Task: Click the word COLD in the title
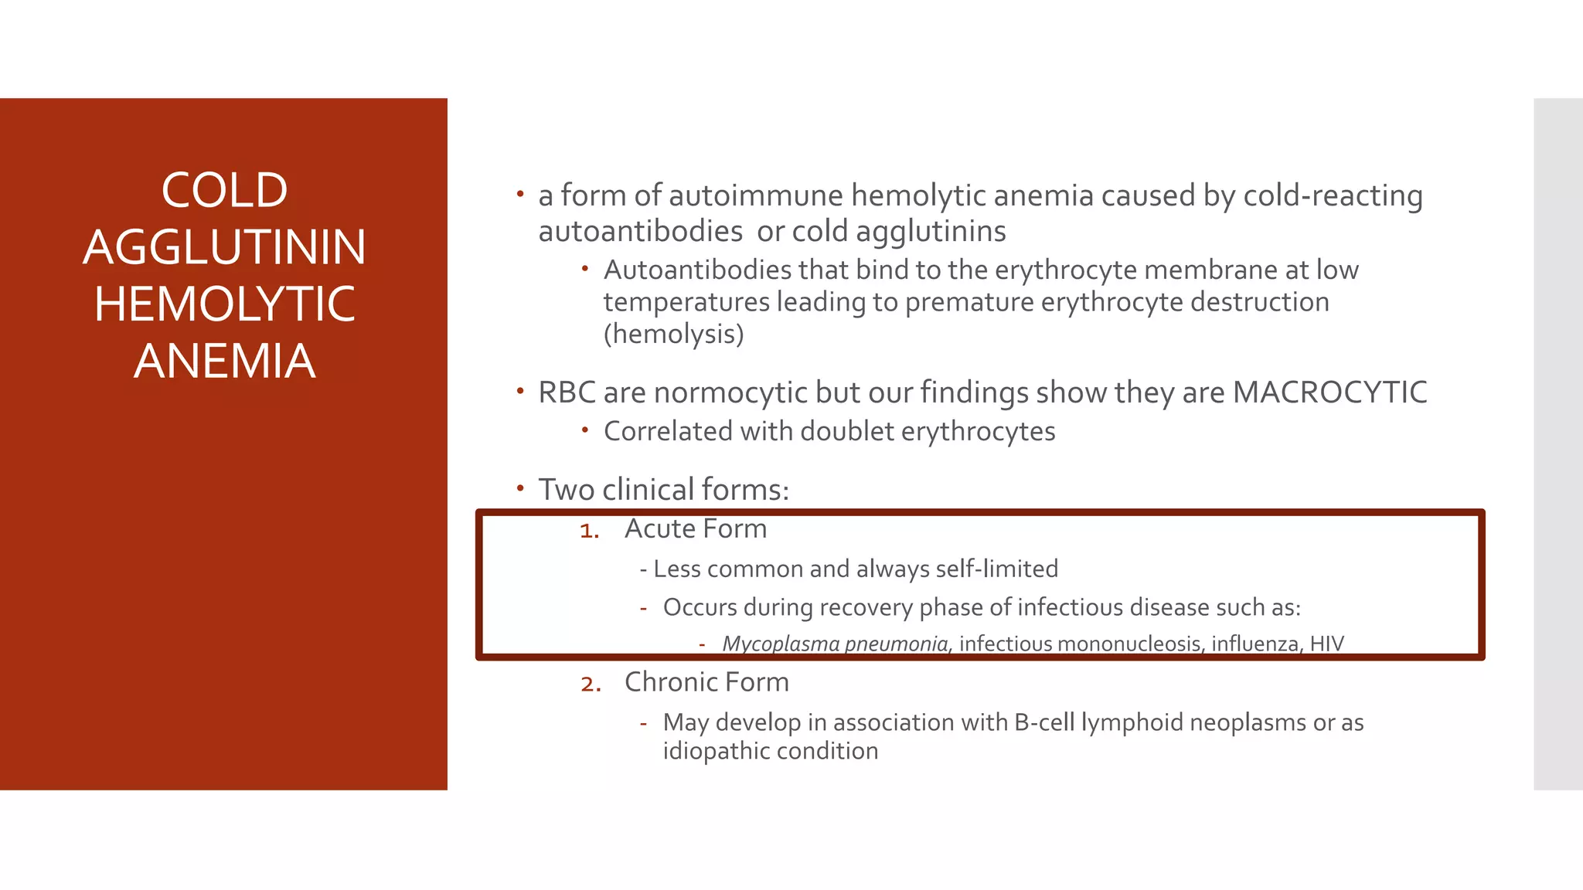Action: [224, 191]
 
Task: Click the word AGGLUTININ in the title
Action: [224, 248]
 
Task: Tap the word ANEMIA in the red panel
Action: [224, 362]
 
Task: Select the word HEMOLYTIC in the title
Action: [224, 304]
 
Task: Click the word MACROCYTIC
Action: [1329, 392]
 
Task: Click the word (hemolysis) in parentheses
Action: [673, 335]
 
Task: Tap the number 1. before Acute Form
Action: [590, 531]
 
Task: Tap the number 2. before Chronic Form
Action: [591, 684]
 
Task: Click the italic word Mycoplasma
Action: [780, 644]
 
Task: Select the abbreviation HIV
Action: [1326, 644]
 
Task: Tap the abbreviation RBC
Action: [567, 393]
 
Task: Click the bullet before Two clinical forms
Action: [521, 488]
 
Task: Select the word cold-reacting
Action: [1333, 196]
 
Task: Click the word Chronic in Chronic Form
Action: [672, 682]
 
